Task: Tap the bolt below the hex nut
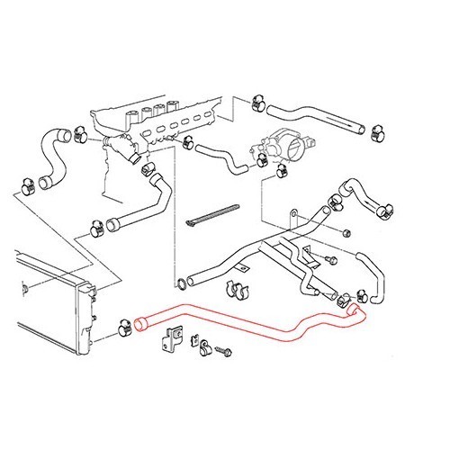330,262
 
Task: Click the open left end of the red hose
141,322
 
